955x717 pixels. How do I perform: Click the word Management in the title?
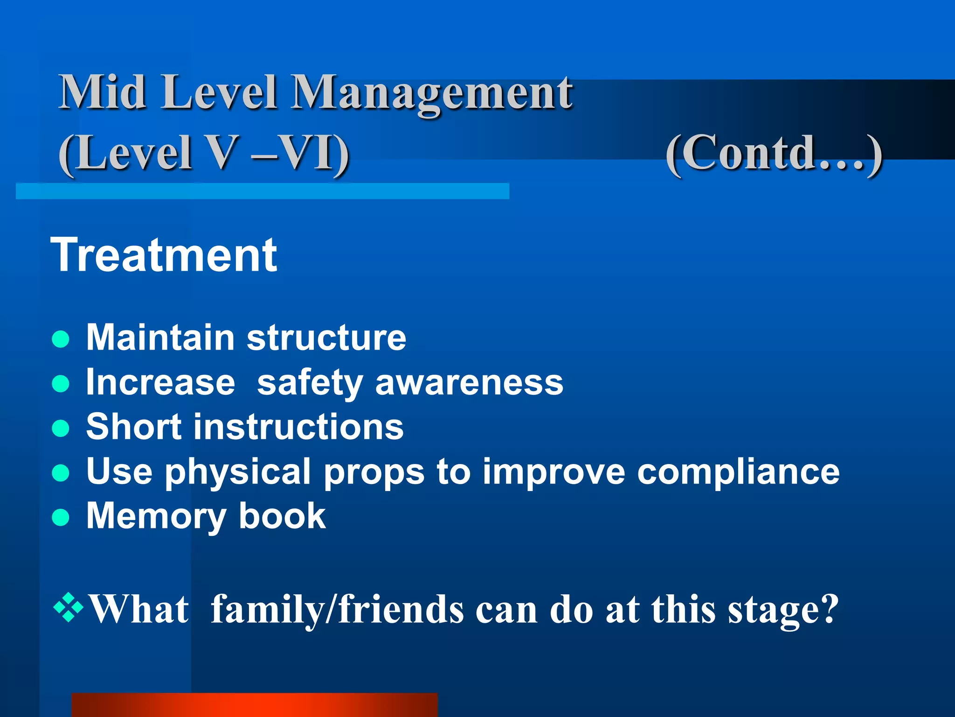click(432, 93)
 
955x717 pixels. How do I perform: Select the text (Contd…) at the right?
click(774, 153)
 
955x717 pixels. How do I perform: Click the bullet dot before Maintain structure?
click(61, 339)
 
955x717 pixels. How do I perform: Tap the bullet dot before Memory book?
click(61, 517)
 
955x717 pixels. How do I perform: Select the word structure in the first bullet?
click(326, 337)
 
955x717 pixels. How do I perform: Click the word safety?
click(310, 383)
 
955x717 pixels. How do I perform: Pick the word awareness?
click(469, 383)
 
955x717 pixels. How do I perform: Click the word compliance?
click(738, 472)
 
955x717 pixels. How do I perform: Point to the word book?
click(282, 516)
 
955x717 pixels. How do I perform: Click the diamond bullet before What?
click(69, 607)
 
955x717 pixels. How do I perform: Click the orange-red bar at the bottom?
click(255, 705)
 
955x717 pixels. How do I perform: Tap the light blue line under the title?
click(262, 191)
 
